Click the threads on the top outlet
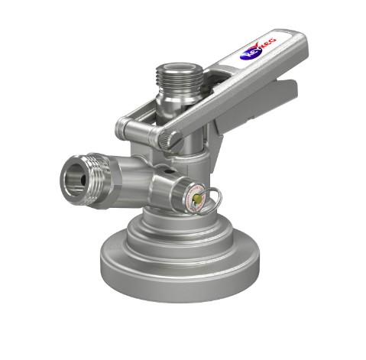[x=180, y=81]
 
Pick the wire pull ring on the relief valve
[x=215, y=196]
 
